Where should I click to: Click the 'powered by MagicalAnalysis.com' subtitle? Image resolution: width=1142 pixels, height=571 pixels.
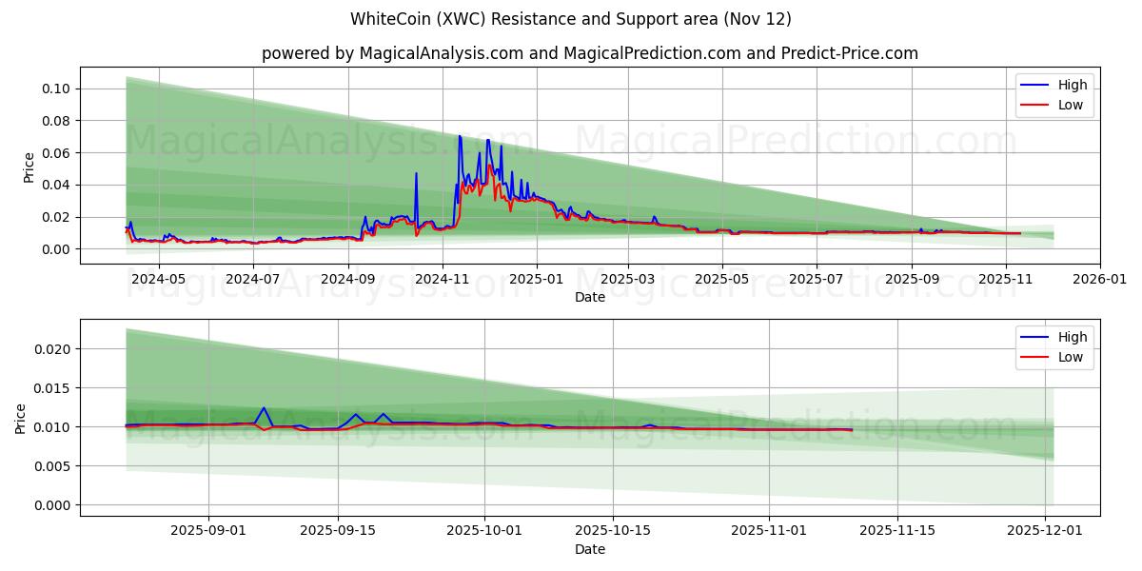[590, 53]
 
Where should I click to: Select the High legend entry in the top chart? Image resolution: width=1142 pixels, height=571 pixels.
[1072, 85]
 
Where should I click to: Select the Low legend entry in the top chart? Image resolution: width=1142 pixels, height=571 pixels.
[1070, 105]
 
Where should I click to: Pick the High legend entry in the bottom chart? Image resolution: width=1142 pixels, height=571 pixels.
[1072, 337]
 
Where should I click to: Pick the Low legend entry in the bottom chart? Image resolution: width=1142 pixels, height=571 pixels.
[1070, 357]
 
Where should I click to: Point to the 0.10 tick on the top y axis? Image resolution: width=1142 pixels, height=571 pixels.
[55, 89]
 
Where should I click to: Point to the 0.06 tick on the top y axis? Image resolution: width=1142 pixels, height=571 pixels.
[55, 153]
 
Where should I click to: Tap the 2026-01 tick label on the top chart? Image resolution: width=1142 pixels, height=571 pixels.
[1100, 280]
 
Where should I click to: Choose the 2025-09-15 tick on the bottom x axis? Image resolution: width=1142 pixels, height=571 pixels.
[339, 532]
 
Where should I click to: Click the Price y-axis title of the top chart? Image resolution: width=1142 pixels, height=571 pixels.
[29, 167]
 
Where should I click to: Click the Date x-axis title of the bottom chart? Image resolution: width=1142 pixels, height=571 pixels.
[590, 549]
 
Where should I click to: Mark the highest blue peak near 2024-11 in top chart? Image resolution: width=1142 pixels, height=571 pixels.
[460, 136]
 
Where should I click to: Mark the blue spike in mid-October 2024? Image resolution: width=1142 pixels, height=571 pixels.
[416, 173]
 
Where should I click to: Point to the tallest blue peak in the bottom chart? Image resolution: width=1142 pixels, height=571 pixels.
[264, 408]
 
